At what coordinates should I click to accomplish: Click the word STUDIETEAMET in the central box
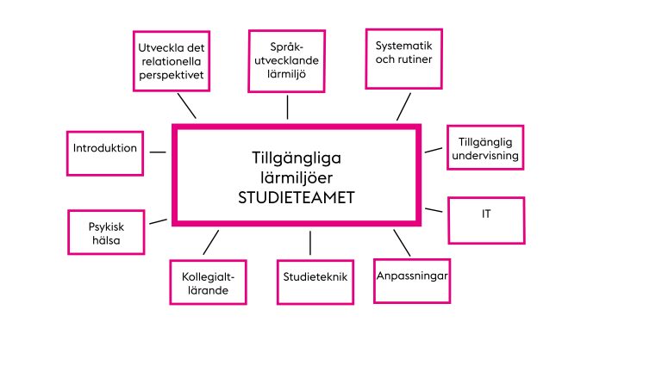[x=297, y=197]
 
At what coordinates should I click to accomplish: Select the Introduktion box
[x=105, y=153]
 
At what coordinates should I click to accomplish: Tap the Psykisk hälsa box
[x=106, y=232]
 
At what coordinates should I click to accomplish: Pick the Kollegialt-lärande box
[x=208, y=282]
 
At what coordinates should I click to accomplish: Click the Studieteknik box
[x=315, y=282]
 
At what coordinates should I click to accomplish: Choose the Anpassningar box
[x=412, y=281]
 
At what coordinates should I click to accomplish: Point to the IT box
[x=486, y=220]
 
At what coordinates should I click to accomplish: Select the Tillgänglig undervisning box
[x=485, y=147]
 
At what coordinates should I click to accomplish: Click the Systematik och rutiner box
[x=404, y=59]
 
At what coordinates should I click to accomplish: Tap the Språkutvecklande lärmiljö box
[x=287, y=61]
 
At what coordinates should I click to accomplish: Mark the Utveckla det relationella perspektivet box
[x=172, y=61]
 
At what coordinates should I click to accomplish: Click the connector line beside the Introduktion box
[x=158, y=152]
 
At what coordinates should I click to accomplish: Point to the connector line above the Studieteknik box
[x=310, y=243]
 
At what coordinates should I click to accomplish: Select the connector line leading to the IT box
[x=434, y=209]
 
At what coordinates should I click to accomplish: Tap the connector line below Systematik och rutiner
[x=403, y=107]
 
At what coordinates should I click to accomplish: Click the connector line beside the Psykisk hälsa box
[x=159, y=221]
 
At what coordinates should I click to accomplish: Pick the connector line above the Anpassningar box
[x=402, y=243]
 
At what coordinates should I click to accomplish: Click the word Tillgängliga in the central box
[x=297, y=158]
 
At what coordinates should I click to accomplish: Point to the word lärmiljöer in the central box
[x=297, y=178]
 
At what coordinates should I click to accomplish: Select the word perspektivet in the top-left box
[x=172, y=75]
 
